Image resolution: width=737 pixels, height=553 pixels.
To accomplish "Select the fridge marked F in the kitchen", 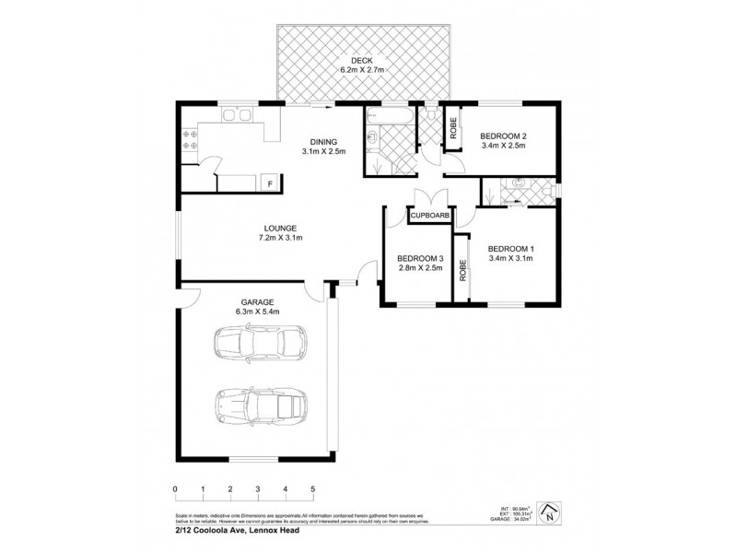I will click(270, 184).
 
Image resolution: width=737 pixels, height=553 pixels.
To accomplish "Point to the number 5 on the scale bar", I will click(313, 489).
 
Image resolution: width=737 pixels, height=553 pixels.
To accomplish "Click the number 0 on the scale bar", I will click(174, 489).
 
